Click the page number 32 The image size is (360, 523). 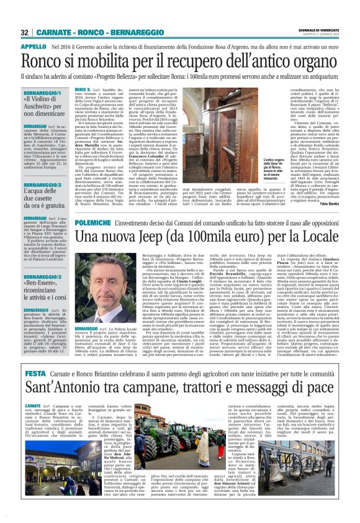pos(25,32)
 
